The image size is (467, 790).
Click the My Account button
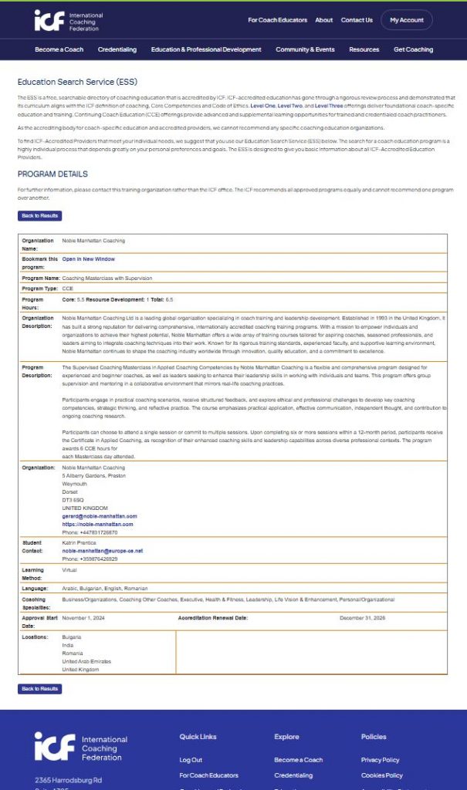pos(406,20)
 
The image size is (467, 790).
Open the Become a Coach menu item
pos(59,49)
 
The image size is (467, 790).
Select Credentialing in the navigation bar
pos(117,49)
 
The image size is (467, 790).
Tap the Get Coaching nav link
pos(413,49)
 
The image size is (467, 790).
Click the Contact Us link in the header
pos(357,20)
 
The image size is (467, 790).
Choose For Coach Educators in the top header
pos(277,20)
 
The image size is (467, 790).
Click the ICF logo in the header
pos(68,20)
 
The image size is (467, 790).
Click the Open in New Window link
pos(88,259)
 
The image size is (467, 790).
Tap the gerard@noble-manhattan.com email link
pos(99,516)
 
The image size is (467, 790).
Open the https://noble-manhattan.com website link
pos(97,524)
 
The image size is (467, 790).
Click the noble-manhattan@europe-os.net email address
pos(102,551)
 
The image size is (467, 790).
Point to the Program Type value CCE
pos(67,288)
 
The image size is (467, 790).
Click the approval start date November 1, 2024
pos(87,618)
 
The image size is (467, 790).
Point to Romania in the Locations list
pos(73,653)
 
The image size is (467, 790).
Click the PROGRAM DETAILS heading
pos(52,174)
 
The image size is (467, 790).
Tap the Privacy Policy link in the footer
pos(380,760)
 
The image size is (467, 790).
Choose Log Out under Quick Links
pos(191,760)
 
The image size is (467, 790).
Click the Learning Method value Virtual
pos(69,569)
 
